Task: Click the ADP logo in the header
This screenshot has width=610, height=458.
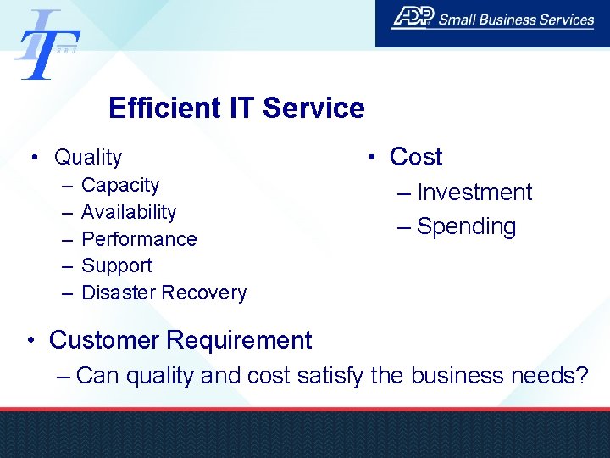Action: tap(413, 18)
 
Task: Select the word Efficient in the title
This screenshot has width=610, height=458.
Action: tap(161, 109)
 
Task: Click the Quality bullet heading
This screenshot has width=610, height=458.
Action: tap(88, 158)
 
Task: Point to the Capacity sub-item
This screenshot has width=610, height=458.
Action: tap(120, 185)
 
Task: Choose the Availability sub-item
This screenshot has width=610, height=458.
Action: tap(129, 212)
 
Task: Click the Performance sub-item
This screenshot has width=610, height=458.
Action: tap(139, 239)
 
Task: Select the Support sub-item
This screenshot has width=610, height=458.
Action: tap(117, 265)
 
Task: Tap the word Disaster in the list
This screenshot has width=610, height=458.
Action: tap(119, 293)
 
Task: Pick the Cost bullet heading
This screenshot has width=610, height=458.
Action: tap(416, 157)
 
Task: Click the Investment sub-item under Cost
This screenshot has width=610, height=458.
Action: tap(474, 193)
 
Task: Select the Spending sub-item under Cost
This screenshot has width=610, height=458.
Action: tap(467, 227)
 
